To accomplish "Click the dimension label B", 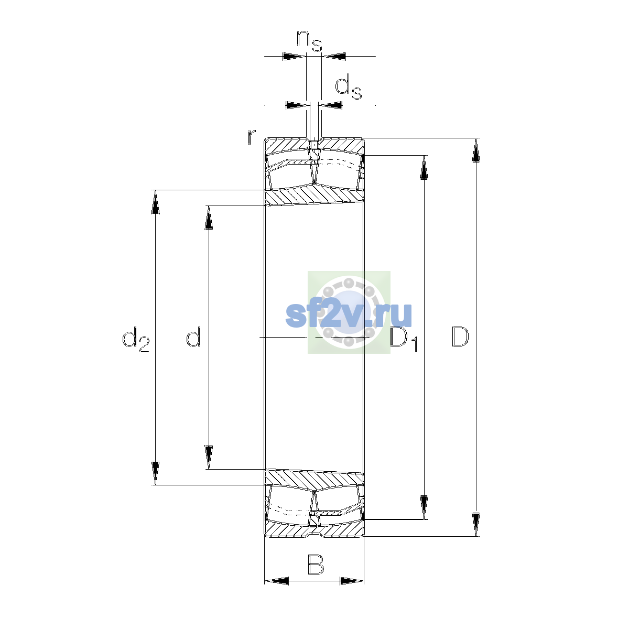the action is click(316, 565).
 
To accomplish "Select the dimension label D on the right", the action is click(460, 337).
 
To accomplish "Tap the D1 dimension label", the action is click(404, 339).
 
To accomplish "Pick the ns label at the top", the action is click(309, 41).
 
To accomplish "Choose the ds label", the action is click(349, 86).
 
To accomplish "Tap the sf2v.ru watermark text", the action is click(349, 314).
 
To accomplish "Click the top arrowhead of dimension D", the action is click(476, 150).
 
